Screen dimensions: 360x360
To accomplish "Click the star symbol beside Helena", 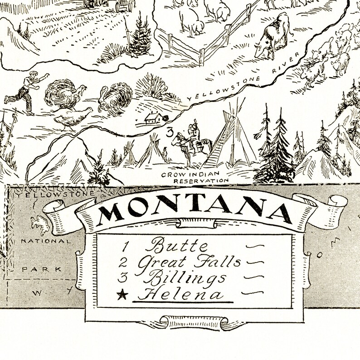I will pyautogui.click(x=121, y=295).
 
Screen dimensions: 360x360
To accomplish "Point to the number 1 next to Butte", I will pyautogui.click(x=126, y=247).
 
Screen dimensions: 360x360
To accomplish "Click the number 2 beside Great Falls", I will pyautogui.click(x=124, y=262).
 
